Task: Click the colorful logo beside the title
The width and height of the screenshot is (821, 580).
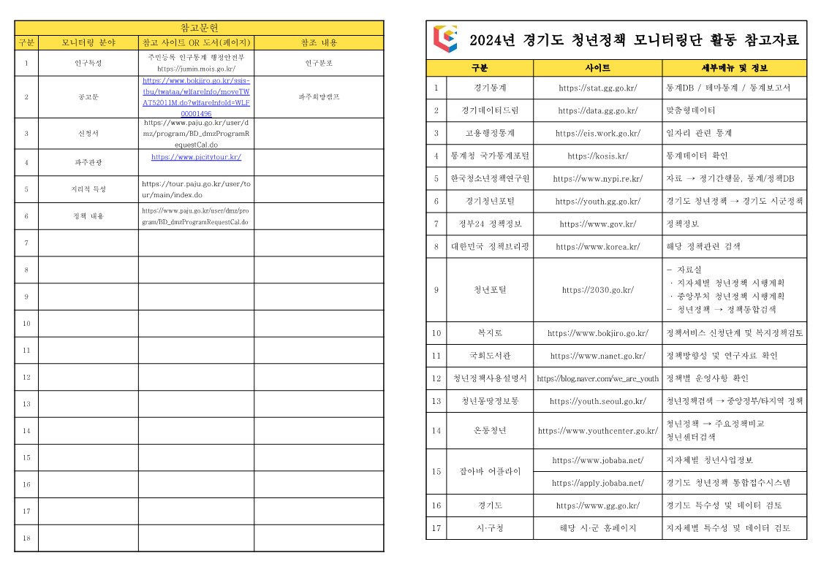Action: [444, 39]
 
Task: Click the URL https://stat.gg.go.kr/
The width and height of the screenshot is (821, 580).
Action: [597, 88]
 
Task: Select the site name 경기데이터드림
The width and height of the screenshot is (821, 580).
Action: [489, 110]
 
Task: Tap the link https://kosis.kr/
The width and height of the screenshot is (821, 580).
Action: [597, 156]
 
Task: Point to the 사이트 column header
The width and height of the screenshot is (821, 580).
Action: [597, 68]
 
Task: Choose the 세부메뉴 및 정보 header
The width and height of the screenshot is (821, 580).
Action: [734, 68]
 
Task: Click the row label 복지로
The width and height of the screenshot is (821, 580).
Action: [489, 333]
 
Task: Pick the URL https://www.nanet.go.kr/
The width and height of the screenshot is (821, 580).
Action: [597, 356]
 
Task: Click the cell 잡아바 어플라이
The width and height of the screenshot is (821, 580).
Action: [489, 471]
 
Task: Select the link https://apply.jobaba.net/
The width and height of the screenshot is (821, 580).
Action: [597, 483]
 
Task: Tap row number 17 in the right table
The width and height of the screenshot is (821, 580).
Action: [436, 528]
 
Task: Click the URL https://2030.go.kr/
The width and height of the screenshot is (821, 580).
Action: [597, 290]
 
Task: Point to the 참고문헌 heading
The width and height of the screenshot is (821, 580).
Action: [199, 28]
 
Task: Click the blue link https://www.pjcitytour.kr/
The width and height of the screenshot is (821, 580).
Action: [196, 157]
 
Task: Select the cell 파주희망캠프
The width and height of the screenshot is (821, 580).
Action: [319, 96]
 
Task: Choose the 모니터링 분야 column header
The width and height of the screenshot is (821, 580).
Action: [88, 42]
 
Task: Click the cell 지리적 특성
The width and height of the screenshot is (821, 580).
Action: [88, 189]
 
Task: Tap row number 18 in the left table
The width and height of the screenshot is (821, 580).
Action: [26, 538]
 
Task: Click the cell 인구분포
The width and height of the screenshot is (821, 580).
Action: [319, 63]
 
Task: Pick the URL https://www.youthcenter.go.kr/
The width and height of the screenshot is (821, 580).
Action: [597, 431]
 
